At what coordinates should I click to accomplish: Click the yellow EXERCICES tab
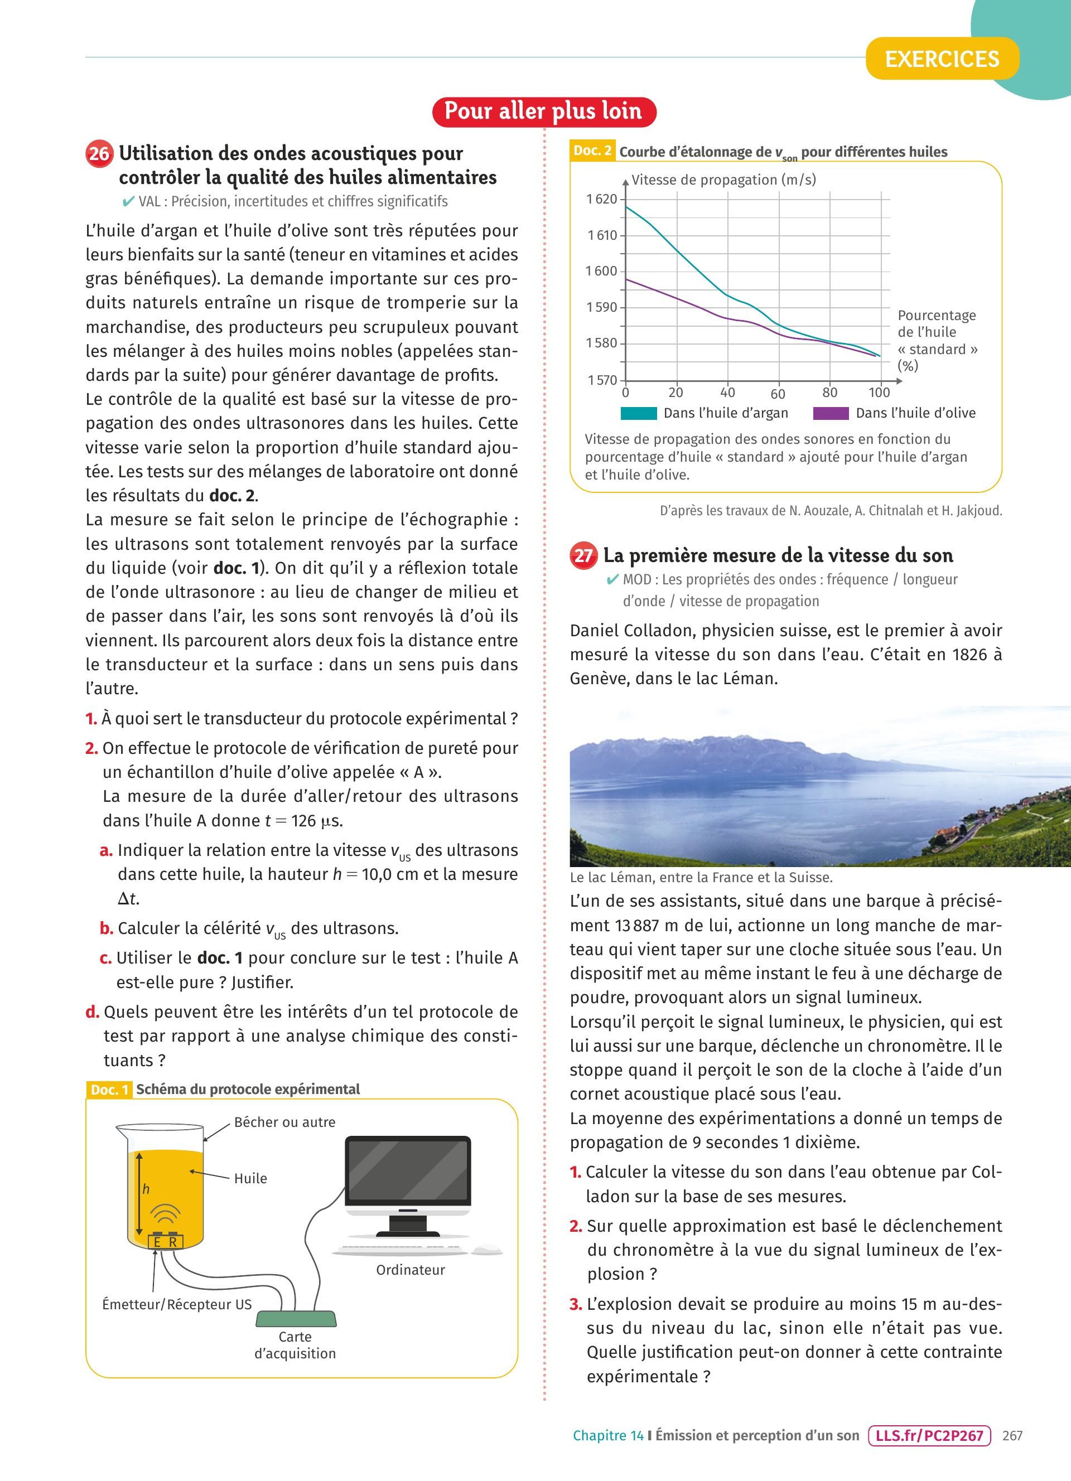(x=942, y=59)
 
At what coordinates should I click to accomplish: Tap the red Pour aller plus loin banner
(x=543, y=111)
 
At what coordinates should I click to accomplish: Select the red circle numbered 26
(x=99, y=154)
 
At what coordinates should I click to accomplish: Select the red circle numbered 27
(x=583, y=556)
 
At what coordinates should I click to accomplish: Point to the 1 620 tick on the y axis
(x=601, y=199)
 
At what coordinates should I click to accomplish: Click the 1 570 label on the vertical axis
(x=601, y=380)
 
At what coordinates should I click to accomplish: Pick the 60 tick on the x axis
(x=778, y=394)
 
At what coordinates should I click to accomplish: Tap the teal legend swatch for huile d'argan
(x=638, y=413)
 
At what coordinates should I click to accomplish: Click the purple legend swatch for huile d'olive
(x=831, y=413)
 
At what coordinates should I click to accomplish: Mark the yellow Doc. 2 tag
(x=592, y=151)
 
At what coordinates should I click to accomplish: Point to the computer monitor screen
(x=408, y=1171)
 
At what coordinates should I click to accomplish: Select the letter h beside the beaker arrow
(x=146, y=1189)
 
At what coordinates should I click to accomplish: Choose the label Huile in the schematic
(x=251, y=1179)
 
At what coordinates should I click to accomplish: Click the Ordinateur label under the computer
(x=410, y=1270)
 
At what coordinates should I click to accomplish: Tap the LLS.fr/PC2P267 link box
(x=929, y=1435)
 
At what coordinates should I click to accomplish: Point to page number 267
(x=1012, y=1435)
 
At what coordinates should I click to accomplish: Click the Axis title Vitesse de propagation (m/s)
(x=723, y=180)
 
